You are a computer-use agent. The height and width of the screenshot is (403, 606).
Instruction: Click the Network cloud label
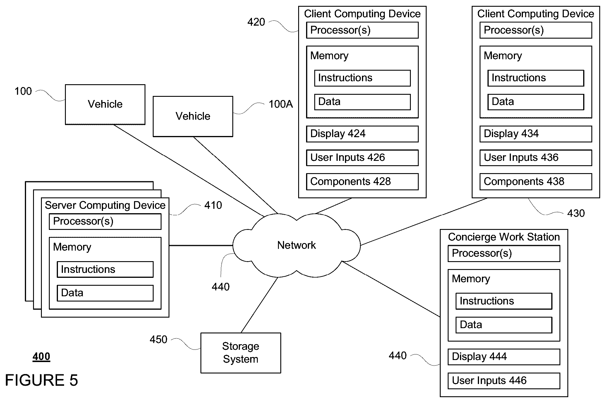pos(296,245)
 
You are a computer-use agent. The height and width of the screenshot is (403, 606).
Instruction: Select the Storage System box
pos(241,353)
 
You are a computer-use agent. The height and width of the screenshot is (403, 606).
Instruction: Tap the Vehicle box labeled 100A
pos(193,116)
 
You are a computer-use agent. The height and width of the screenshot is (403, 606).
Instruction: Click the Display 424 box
pos(362,134)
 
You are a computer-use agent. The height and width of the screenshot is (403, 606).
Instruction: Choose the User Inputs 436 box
pos(536,158)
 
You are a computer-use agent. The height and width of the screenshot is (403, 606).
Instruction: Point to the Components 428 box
pos(362,182)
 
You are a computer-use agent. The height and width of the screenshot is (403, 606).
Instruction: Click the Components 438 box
pos(536,182)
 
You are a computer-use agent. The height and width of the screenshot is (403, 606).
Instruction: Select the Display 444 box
pos(504,357)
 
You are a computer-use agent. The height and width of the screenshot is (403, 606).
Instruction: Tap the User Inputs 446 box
pos(504,381)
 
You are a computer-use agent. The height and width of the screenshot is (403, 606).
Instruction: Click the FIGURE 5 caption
pos(42,380)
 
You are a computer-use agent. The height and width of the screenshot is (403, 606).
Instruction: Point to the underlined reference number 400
pos(41,356)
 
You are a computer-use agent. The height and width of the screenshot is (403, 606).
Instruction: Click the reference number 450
pos(158,340)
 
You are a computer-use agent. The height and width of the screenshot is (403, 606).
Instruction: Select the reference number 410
pos(213,205)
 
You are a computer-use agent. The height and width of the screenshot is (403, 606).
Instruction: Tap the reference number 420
pos(256,22)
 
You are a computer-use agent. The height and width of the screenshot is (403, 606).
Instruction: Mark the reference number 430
pos(576,213)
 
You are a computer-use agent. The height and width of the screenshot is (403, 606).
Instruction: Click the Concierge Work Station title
pos(504,237)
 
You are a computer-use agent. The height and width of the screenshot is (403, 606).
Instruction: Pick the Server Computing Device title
pos(105,205)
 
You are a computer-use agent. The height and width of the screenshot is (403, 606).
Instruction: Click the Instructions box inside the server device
pos(105,269)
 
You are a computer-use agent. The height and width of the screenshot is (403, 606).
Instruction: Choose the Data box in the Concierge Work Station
pos(504,325)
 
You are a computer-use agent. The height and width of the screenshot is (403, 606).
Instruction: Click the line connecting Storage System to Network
pos(259,305)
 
